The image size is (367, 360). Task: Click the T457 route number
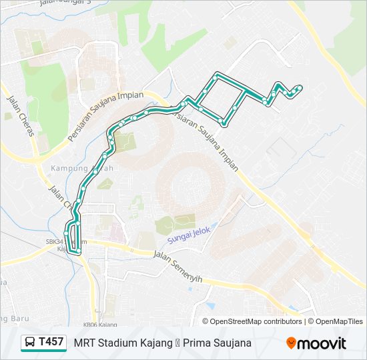pos(51,342)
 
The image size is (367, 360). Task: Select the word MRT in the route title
pos(85,343)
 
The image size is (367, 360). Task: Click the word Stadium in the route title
pos(117,343)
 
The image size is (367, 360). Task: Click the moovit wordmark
pos(322,343)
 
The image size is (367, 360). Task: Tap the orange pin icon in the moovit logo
pos(291,343)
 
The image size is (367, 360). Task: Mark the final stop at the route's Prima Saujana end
pos(300,88)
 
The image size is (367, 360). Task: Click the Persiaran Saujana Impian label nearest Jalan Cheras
pos(106,116)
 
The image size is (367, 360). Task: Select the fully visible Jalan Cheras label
pos(20,115)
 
